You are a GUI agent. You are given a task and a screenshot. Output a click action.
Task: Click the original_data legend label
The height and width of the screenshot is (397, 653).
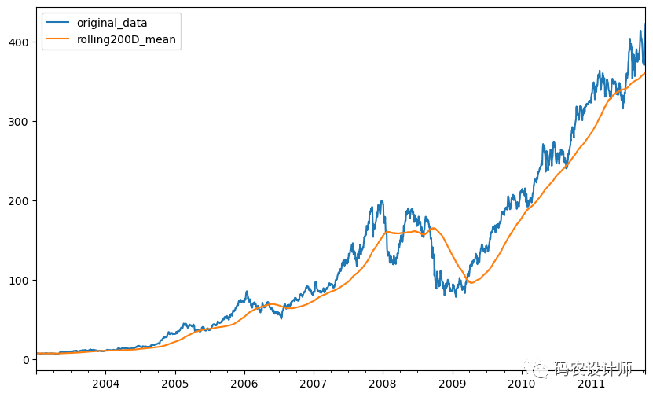click(112, 23)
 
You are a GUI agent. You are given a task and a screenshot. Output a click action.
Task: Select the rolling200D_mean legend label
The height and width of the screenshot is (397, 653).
click(126, 39)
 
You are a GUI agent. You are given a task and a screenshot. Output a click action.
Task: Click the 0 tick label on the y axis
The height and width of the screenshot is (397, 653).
click(25, 360)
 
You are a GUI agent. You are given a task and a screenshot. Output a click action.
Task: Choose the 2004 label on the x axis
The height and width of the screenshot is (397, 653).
click(105, 384)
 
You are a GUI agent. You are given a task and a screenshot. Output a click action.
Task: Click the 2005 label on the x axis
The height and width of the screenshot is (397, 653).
click(174, 384)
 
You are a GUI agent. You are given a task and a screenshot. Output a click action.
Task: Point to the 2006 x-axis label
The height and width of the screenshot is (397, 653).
click(244, 384)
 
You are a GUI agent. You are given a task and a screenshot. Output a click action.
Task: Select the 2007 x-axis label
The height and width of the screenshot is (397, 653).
click(313, 384)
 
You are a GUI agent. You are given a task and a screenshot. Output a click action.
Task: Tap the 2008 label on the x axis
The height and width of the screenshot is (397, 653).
click(383, 384)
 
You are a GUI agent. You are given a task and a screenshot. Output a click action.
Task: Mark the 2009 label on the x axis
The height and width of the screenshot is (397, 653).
click(452, 384)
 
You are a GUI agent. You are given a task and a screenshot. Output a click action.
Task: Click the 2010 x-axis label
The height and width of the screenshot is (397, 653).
click(521, 384)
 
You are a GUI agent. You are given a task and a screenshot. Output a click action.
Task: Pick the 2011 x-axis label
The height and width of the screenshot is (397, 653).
click(590, 384)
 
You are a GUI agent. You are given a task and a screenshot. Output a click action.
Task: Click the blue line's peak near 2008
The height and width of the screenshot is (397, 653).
click(382, 200)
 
